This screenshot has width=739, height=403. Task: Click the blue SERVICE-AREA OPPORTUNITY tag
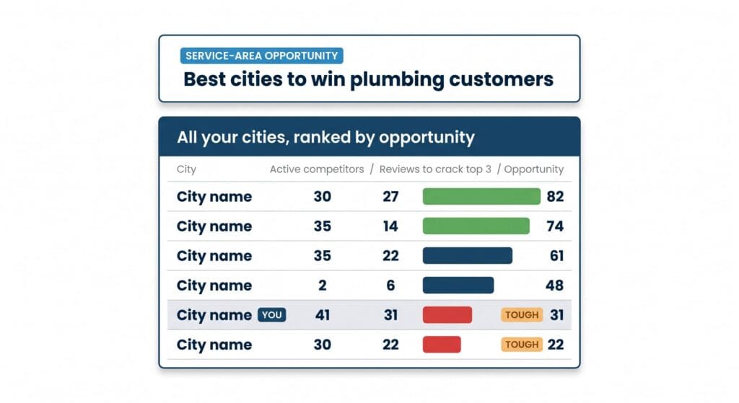[x=261, y=56]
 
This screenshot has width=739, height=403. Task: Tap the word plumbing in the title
[x=397, y=80]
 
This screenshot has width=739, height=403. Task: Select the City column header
[x=186, y=169]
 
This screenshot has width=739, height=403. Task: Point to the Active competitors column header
[x=317, y=169]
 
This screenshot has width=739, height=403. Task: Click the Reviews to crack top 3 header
[x=435, y=169]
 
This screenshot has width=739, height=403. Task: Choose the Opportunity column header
[x=533, y=169]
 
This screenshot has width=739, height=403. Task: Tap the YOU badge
[x=272, y=315]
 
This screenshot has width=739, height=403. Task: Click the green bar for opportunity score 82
[x=481, y=196]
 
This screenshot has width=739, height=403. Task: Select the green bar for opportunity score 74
[x=476, y=226]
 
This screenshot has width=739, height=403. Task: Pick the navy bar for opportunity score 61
[x=467, y=256]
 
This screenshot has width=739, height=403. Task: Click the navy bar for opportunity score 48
[x=458, y=285]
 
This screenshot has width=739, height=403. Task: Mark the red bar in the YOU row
[x=447, y=315]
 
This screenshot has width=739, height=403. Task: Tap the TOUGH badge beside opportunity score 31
[x=522, y=315]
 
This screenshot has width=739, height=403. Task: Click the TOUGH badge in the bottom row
[x=522, y=345]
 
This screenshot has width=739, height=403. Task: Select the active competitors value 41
[x=323, y=315]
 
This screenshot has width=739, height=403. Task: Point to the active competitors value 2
[x=323, y=285]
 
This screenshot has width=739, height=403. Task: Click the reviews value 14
[x=390, y=226]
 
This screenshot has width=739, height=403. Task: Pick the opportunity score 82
[x=555, y=196]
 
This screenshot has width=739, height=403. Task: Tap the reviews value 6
[x=390, y=285]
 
